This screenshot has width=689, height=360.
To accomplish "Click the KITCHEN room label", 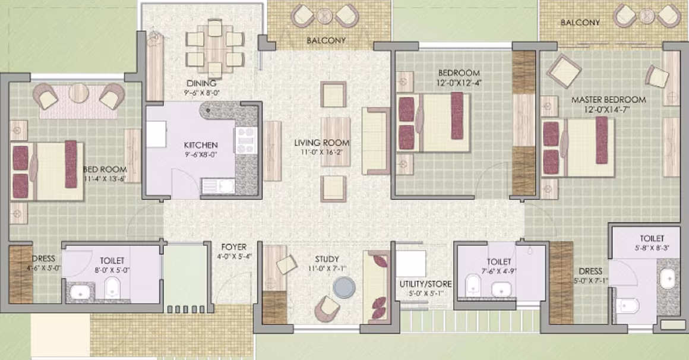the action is pyautogui.click(x=201, y=145).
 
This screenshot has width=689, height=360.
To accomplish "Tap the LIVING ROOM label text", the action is pyautogui.click(x=322, y=143).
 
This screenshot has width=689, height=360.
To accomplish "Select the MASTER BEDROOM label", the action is pyautogui.click(x=609, y=100).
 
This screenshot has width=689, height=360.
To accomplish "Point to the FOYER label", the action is pyautogui.click(x=234, y=247).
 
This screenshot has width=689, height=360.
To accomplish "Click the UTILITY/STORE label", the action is pyautogui.click(x=425, y=284).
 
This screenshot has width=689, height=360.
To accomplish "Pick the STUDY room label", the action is pyautogui.click(x=327, y=260).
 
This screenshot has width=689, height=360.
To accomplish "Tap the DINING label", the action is pyautogui.click(x=201, y=83).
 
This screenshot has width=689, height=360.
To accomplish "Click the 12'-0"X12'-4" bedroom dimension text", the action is pyautogui.click(x=459, y=82).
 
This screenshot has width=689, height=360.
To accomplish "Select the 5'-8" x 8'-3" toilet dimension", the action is pyautogui.click(x=652, y=248).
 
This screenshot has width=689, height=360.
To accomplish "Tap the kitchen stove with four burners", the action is pyautogui.click(x=246, y=140).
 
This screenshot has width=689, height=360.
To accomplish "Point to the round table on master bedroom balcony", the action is pyautogui.click(x=646, y=17).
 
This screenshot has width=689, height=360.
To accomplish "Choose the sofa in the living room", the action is pyautogui.click(x=376, y=141).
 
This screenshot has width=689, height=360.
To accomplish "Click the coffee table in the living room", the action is pyautogui.click(x=335, y=141).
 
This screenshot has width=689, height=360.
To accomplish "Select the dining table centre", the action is pyautogui.click(x=215, y=48).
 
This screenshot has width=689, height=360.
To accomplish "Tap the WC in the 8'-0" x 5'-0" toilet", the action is pyautogui.click(x=112, y=288).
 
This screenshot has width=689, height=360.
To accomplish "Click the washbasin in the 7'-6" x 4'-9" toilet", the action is pyautogui.click(x=501, y=289).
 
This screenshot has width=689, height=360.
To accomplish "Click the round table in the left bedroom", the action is pyautogui.click(x=78, y=93).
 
